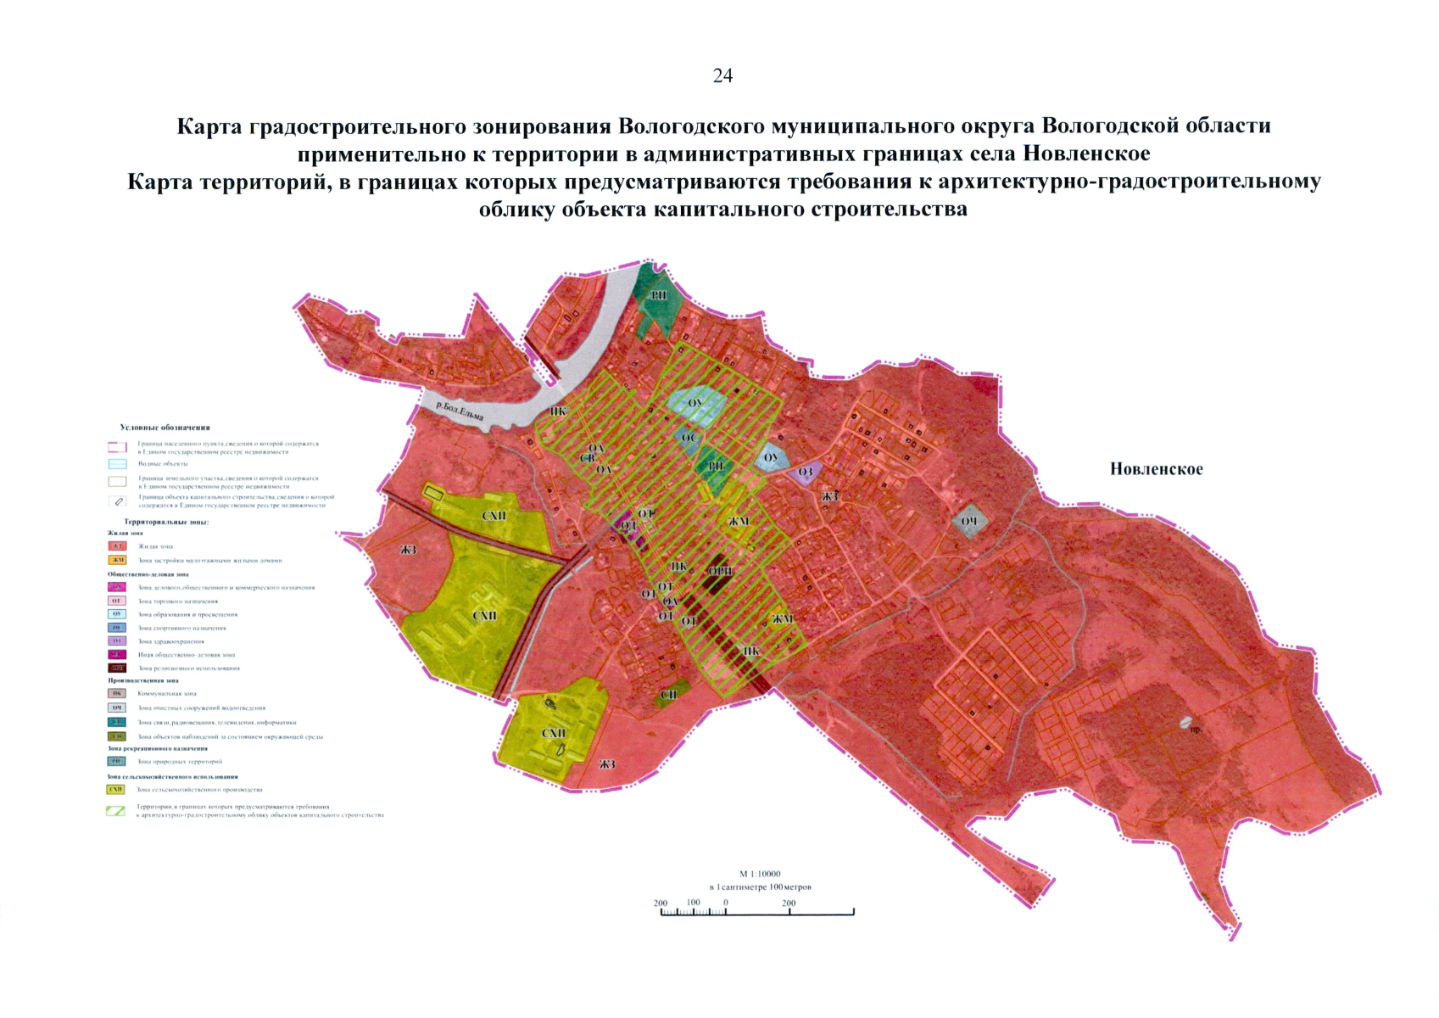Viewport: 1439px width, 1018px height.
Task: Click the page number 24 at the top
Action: tap(722, 76)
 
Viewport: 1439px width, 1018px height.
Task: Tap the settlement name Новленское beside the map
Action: tap(1156, 469)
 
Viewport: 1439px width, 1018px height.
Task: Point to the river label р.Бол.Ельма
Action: tap(459, 411)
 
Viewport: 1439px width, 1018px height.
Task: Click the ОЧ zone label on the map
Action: tap(969, 521)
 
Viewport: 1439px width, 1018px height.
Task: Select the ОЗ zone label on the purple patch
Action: tap(806, 473)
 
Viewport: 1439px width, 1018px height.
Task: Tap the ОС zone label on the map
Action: tap(689, 438)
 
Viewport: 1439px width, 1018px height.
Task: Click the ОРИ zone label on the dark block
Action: tap(720, 571)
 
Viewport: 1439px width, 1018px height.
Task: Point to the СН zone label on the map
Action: tap(668, 695)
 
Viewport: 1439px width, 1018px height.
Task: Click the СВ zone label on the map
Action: tap(587, 458)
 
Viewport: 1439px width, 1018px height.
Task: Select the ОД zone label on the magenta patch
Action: tap(628, 526)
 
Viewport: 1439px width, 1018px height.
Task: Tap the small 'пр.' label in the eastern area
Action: tap(1196, 730)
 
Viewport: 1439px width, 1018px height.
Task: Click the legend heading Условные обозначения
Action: tap(165, 428)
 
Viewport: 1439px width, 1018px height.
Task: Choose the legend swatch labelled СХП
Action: tap(116, 790)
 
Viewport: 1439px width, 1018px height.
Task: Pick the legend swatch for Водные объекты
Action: tap(117, 464)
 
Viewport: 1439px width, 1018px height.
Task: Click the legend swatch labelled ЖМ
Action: tap(117, 560)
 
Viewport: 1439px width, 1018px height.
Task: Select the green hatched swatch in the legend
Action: tap(116, 811)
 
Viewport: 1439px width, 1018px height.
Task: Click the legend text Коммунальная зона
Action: tap(167, 694)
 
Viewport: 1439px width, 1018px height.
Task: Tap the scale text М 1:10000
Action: tap(760, 874)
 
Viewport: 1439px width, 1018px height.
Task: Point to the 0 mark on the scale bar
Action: tap(726, 903)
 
